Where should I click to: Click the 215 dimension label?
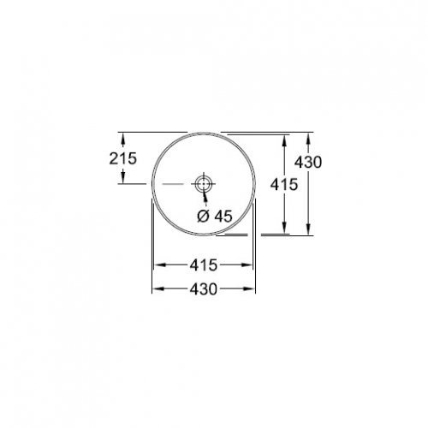tap(122, 158)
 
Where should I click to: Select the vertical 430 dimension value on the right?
tap(307, 163)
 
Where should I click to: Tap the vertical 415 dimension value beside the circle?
tap(283, 184)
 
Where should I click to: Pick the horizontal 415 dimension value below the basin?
tap(205, 265)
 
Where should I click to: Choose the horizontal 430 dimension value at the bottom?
tap(205, 288)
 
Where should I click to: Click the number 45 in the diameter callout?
tap(223, 217)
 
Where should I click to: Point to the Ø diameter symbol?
tap(204, 217)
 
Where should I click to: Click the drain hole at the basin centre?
tap(204, 183)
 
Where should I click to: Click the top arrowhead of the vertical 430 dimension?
tap(308, 135)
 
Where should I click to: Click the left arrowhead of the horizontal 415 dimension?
tap(159, 265)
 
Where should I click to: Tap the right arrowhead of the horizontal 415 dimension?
tap(251, 265)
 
